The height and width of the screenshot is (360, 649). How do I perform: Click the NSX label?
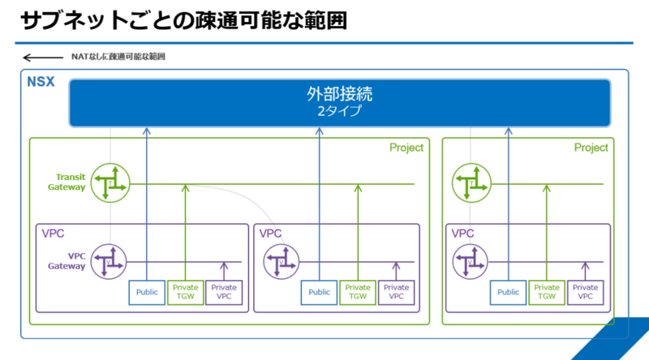click(41, 82)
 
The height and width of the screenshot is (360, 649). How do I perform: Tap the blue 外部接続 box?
click(339, 103)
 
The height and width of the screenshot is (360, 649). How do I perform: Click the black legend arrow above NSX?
click(43, 58)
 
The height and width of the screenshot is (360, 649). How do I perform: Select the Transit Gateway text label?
click(67, 182)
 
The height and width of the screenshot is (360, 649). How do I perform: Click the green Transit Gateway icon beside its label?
click(110, 183)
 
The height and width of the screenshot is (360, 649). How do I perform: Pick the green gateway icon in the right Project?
click(471, 183)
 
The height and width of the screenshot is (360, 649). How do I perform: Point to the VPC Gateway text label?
click(67, 261)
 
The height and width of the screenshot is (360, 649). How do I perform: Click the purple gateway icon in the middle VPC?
click(281, 262)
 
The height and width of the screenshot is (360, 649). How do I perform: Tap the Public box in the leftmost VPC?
click(147, 293)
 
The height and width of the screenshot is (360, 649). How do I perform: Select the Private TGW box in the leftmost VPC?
click(186, 293)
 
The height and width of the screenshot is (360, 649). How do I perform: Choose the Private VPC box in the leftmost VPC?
click(224, 293)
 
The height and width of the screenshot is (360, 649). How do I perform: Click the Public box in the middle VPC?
click(319, 293)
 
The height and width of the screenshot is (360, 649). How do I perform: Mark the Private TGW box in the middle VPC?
click(358, 293)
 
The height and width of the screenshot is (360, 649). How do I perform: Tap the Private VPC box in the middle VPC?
click(396, 293)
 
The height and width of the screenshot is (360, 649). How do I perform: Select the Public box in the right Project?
click(509, 293)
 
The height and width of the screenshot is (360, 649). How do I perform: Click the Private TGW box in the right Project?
click(547, 293)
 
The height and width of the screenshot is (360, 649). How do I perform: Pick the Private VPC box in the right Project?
click(585, 293)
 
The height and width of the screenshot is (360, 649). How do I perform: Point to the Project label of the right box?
click(591, 148)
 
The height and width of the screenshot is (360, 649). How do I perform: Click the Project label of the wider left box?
click(406, 148)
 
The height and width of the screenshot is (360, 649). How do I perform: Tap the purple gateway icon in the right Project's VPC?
click(471, 262)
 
